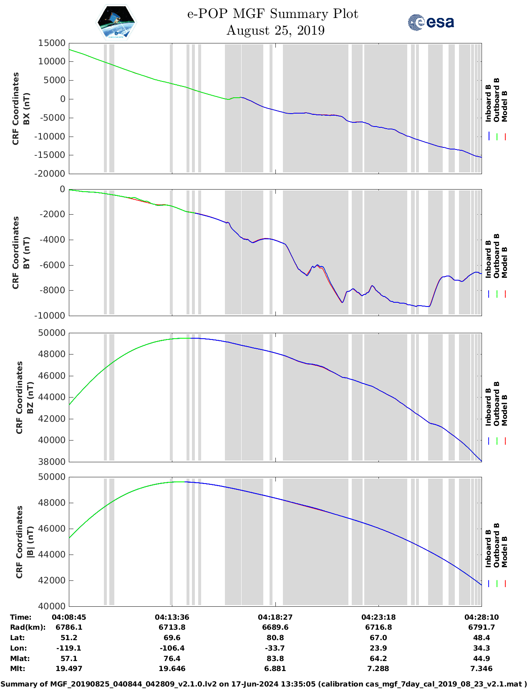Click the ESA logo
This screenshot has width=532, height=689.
(431, 22)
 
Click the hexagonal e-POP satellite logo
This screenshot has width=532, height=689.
(116, 22)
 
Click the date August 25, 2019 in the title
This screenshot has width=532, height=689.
(275, 30)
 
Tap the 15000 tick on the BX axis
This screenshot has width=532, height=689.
(52, 43)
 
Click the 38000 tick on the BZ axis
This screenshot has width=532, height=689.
(52, 462)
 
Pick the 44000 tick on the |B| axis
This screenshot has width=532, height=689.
(52, 555)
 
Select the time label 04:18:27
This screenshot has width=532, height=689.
(275, 617)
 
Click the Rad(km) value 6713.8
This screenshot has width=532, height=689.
(172, 627)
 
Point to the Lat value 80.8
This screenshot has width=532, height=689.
(275, 638)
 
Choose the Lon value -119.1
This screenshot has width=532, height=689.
(69, 648)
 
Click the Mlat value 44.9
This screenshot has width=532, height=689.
(482, 659)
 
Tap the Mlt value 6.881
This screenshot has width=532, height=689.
(275, 669)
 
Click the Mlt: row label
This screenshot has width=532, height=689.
(18, 669)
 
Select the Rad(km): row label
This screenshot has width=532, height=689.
(28, 627)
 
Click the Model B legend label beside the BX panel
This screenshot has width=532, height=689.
(504, 106)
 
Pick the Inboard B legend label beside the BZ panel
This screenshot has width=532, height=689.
(488, 407)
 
